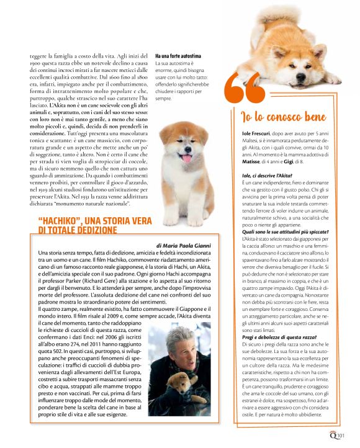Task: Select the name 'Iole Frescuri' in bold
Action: (x=259, y=134)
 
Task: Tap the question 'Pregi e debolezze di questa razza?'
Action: (x=280, y=336)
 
